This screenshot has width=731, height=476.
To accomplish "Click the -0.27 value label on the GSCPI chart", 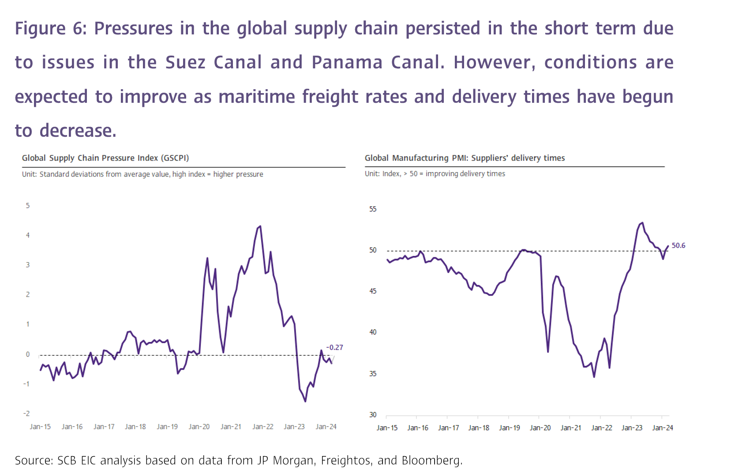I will [x=334, y=348].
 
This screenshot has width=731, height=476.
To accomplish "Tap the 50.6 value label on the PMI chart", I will [x=678, y=246].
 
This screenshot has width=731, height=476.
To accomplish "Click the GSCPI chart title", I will [x=105, y=158].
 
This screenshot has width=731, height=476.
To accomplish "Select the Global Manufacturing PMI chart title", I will [x=465, y=158].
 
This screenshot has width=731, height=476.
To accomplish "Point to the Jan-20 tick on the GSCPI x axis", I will [x=199, y=427].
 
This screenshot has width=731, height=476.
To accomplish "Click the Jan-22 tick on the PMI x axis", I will [x=601, y=427].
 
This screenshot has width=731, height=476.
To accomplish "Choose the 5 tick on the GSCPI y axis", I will [x=28, y=206].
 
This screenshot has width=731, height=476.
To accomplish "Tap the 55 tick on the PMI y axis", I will [x=373, y=209].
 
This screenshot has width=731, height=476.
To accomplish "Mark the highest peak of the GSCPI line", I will [x=260, y=226].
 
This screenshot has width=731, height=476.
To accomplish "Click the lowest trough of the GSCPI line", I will [x=305, y=401].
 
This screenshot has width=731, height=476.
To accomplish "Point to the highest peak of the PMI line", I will [x=642, y=223].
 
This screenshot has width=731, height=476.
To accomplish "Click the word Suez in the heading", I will [x=185, y=62].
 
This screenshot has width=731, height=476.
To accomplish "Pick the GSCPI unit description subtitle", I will [x=142, y=174].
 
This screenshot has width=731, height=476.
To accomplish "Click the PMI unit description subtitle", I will [x=435, y=174].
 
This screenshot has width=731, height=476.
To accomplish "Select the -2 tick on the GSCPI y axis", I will [x=27, y=413].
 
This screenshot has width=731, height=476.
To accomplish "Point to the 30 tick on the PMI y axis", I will [x=373, y=415].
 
